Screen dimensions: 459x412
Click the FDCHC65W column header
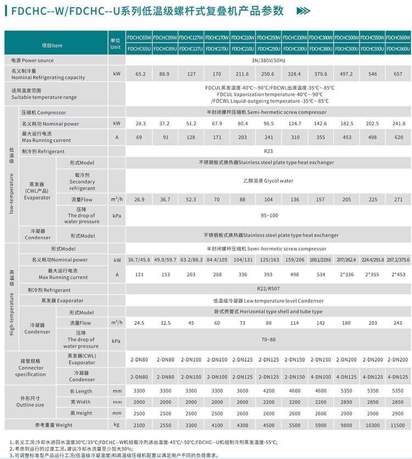[x=139, y=38]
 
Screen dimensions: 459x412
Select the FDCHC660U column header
[x=398, y=49]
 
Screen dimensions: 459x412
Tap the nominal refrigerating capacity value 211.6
[x=242, y=74]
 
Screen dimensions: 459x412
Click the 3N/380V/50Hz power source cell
[x=268, y=60]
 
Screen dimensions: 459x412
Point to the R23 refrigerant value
[x=268, y=151]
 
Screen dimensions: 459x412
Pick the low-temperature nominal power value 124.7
[x=294, y=124]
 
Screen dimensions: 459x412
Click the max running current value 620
[x=398, y=137]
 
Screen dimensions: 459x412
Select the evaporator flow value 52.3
[x=191, y=199]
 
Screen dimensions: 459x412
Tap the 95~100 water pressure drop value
[x=268, y=215]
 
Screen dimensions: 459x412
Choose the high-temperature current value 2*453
[x=398, y=274]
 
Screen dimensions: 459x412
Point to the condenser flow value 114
[x=294, y=323]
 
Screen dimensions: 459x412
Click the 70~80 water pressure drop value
[x=268, y=339]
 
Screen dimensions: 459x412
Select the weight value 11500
[x=398, y=425]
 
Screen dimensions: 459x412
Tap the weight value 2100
[x=139, y=425]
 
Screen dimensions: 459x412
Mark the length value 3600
[x=242, y=391]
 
